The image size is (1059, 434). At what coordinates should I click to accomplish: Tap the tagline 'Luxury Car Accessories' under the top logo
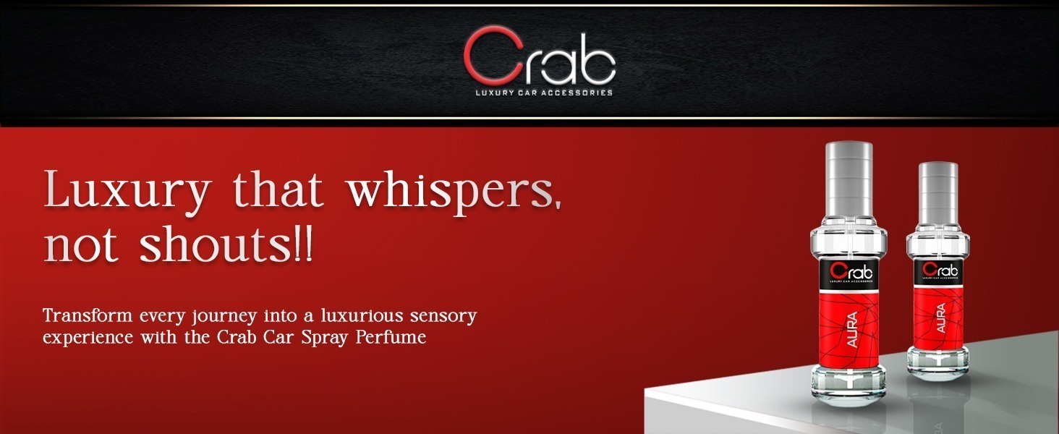pos(544,93)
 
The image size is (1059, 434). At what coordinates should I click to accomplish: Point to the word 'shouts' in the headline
pos(215,245)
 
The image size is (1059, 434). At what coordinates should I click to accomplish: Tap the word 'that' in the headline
pos(279,190)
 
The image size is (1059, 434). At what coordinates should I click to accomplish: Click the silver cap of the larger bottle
pos(849,179)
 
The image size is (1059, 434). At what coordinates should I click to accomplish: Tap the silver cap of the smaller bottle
pos(938,193)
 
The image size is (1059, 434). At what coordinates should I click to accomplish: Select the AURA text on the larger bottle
pos(852,330)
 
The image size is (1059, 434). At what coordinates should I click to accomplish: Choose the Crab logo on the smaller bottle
pos(940,270)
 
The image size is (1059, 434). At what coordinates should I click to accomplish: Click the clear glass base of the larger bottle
pos(849,384)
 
